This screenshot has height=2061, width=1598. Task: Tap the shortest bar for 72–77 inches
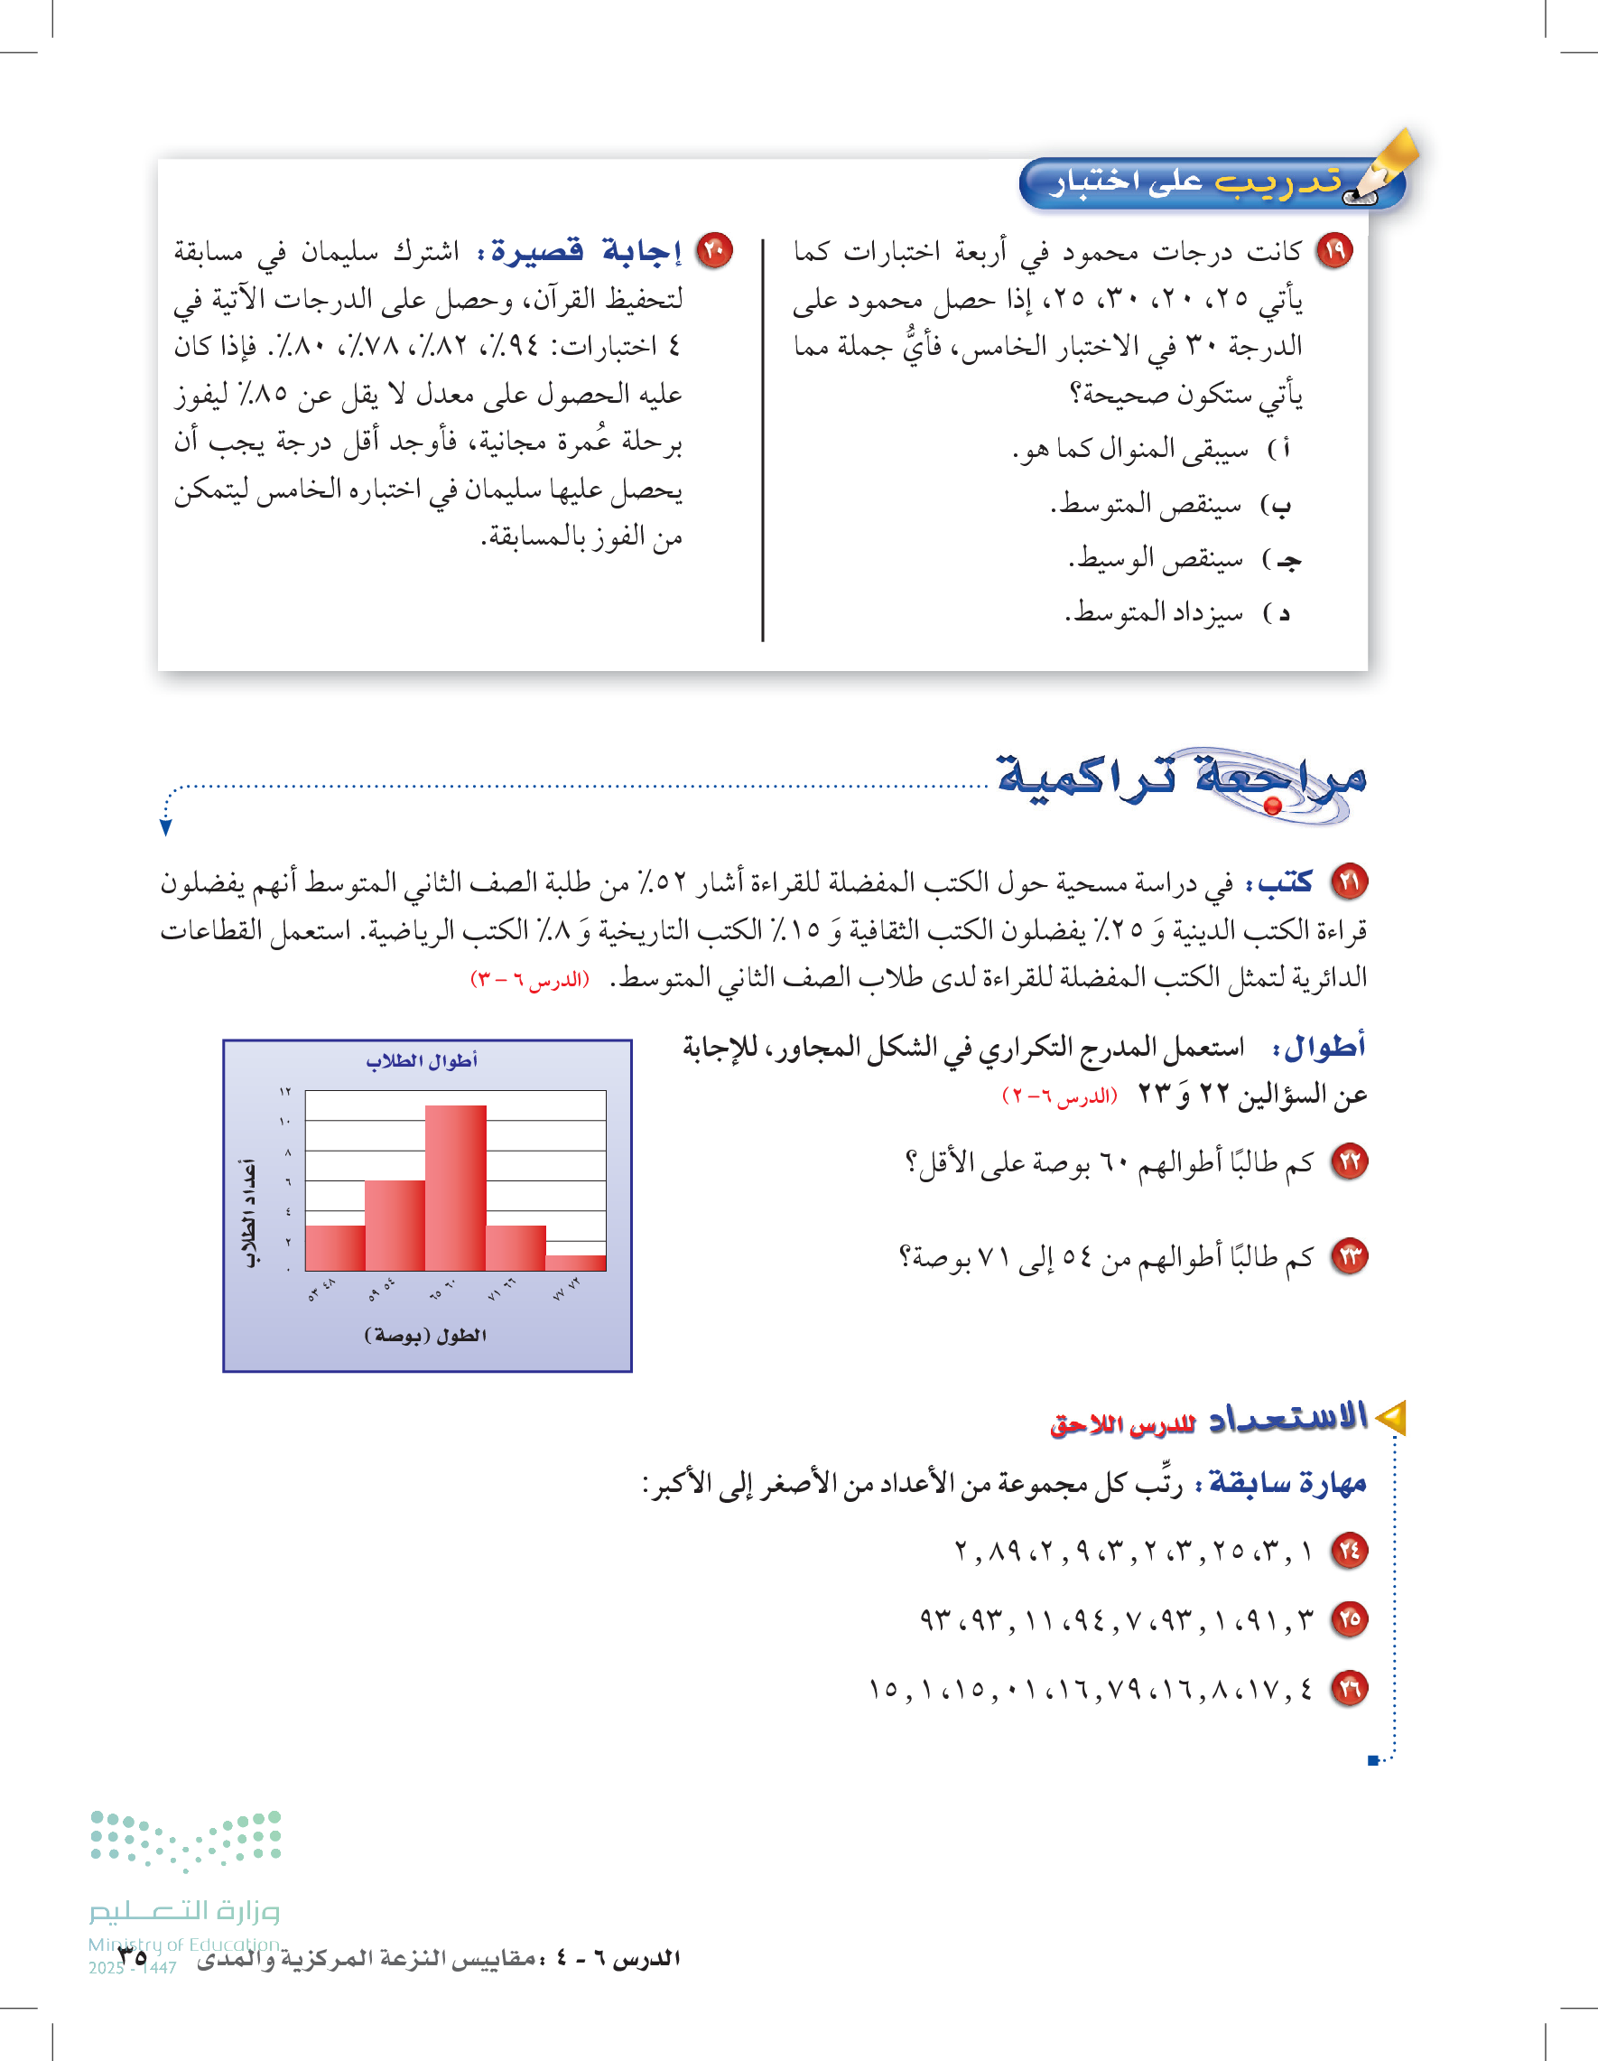coord(575,1263)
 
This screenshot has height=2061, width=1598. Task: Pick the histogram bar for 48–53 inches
coord(335,1247)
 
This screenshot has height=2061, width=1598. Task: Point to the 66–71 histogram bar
coord(516,1247)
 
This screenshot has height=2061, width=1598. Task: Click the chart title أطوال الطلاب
coord(422,1060)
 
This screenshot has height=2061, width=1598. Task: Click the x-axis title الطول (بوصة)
coord(425,1335)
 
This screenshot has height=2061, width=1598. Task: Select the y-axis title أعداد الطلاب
coord(250,1213)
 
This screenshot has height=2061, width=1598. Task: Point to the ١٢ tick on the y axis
coord(285,1092)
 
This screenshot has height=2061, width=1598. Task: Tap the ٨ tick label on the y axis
coord(288,1152)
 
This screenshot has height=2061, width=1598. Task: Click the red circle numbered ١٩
coord(1333,251)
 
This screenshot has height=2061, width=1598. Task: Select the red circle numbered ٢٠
coord(714,251)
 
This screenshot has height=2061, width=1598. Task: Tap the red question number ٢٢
coord(1349,1161)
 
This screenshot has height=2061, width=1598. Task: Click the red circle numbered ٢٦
coord(1349,1688)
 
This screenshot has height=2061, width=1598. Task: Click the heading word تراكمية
coord(1085,776)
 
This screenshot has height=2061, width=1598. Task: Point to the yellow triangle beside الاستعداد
coord(1390,1417)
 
